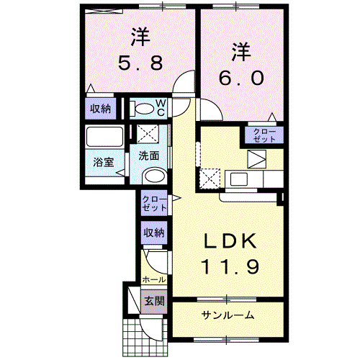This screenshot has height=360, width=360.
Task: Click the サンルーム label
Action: pos(228,315)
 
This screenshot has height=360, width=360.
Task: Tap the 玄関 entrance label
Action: pos(153,300)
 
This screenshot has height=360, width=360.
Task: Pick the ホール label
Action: pos(154,279)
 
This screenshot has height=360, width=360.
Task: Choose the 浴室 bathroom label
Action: pos(102,162)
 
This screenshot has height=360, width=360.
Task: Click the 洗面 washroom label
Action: pos(149,155)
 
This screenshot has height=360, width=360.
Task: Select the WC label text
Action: pos(161,108)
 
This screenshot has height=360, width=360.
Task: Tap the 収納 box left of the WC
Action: pos(100,109)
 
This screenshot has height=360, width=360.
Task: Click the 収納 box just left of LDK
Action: pos(153,233)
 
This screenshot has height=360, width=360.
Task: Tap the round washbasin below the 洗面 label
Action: pos(153,177)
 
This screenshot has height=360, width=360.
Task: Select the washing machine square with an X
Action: pos(149,134)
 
